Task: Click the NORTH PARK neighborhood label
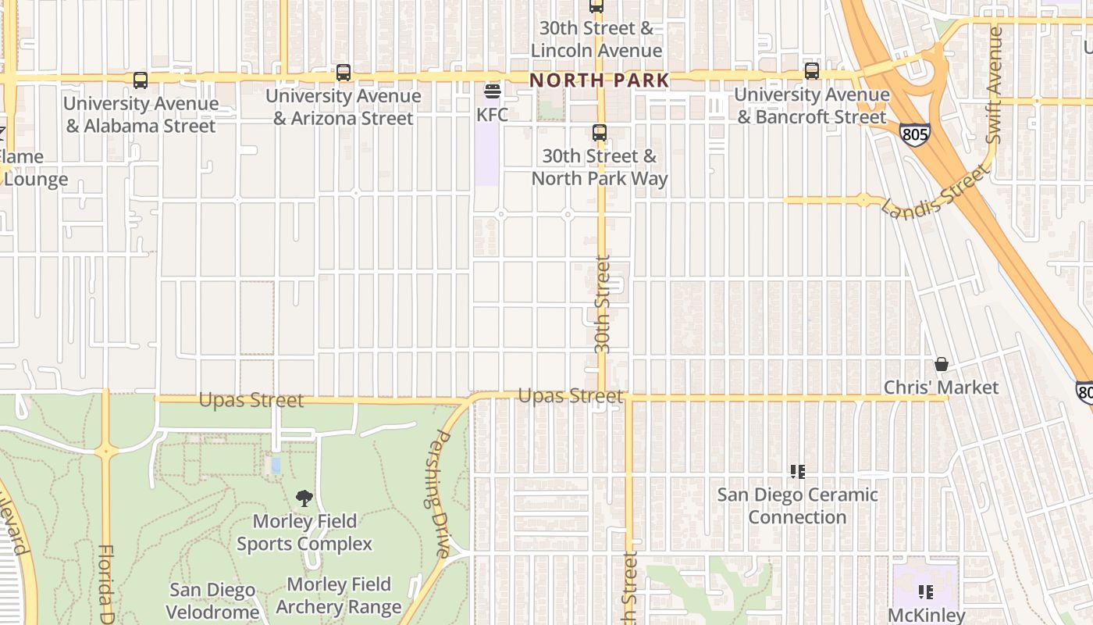point(600,80)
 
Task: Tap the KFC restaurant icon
point(492,92)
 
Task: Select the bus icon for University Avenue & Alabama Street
point(141,80)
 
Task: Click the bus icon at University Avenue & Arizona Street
point(343,73)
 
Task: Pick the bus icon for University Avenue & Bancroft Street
point(812,71)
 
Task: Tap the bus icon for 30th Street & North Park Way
point(600,133)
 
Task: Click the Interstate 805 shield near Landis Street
point(914,134)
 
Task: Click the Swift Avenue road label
point(994,84)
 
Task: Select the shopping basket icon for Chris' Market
point(942,365)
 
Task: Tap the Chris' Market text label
point(941,387)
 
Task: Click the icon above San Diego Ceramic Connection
point(797,472)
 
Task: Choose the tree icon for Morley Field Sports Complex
point(304,498)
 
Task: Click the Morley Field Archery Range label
point(339,595)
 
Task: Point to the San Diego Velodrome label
point(212,601)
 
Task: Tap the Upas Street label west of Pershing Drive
point(251,400)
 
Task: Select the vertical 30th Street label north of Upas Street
point(602,305)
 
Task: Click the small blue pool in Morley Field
point(275,466)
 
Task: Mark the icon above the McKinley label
point(926,592)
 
